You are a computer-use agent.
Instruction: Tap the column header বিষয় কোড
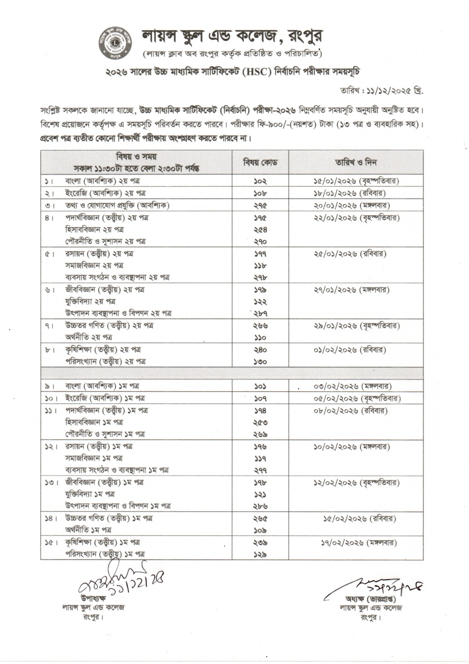260,162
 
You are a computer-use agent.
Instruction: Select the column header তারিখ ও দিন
356,162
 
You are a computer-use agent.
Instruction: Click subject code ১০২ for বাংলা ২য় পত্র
260,181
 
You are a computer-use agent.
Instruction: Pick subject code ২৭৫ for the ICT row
260,205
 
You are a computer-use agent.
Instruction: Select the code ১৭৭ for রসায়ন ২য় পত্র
260,254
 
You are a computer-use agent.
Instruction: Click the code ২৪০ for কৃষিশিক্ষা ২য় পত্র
260,350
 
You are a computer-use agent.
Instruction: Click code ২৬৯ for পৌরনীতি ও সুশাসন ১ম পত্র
260,435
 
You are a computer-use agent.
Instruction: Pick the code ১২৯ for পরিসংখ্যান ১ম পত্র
260,554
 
